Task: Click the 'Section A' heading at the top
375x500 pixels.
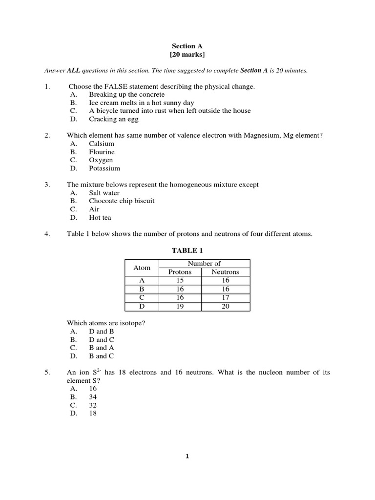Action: click(187, 46)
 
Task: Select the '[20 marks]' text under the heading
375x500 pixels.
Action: click(187, 54)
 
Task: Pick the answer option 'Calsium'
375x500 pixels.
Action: click(102, 144)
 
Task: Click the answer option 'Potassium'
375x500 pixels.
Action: click(104, 168)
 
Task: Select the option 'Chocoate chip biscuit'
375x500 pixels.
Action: click(122, 201)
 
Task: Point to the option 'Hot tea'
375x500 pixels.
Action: click(100, 218)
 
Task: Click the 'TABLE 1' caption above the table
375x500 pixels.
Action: click(187, 250)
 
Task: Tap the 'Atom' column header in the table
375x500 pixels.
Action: click(142, 268)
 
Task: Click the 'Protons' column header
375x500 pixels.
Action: click(180, 272)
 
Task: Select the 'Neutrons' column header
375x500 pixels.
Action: click(225, 272)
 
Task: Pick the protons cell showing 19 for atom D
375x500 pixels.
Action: click(180, 307)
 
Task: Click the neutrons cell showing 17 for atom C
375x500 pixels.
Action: click(225, 298)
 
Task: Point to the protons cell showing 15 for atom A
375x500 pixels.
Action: click(180, 281)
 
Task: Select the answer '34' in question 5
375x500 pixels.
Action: click(93, 397)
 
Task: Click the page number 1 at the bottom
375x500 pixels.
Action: click(187, 457)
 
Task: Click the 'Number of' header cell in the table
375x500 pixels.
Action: click(204, 264)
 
